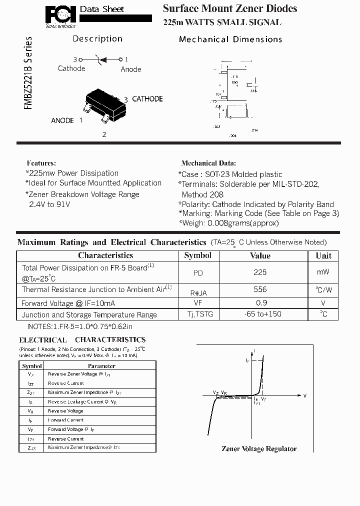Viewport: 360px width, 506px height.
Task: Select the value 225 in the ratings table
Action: point(260,272)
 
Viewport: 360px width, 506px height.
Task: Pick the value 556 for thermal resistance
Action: point(260,289)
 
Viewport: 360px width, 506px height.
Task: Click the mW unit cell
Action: point(323,272)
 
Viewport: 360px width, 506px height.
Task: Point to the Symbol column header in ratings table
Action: point(198,255)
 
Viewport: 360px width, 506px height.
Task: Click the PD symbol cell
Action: point(198,273)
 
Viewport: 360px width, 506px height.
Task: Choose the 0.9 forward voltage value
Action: point(261,303)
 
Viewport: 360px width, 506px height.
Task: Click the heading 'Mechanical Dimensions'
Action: point(230,39)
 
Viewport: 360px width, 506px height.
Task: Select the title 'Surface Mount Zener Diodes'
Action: point(230,8)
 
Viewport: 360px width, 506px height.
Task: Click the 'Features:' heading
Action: point(41,163)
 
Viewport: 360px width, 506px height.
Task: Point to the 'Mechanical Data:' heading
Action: point(208,163)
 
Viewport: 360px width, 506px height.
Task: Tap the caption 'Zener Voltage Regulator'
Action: point(259,448)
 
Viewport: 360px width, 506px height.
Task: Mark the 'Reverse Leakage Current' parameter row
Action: point(75,401)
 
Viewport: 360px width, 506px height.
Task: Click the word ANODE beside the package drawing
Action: point(62,120)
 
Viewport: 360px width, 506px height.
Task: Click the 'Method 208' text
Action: point(202,194)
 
